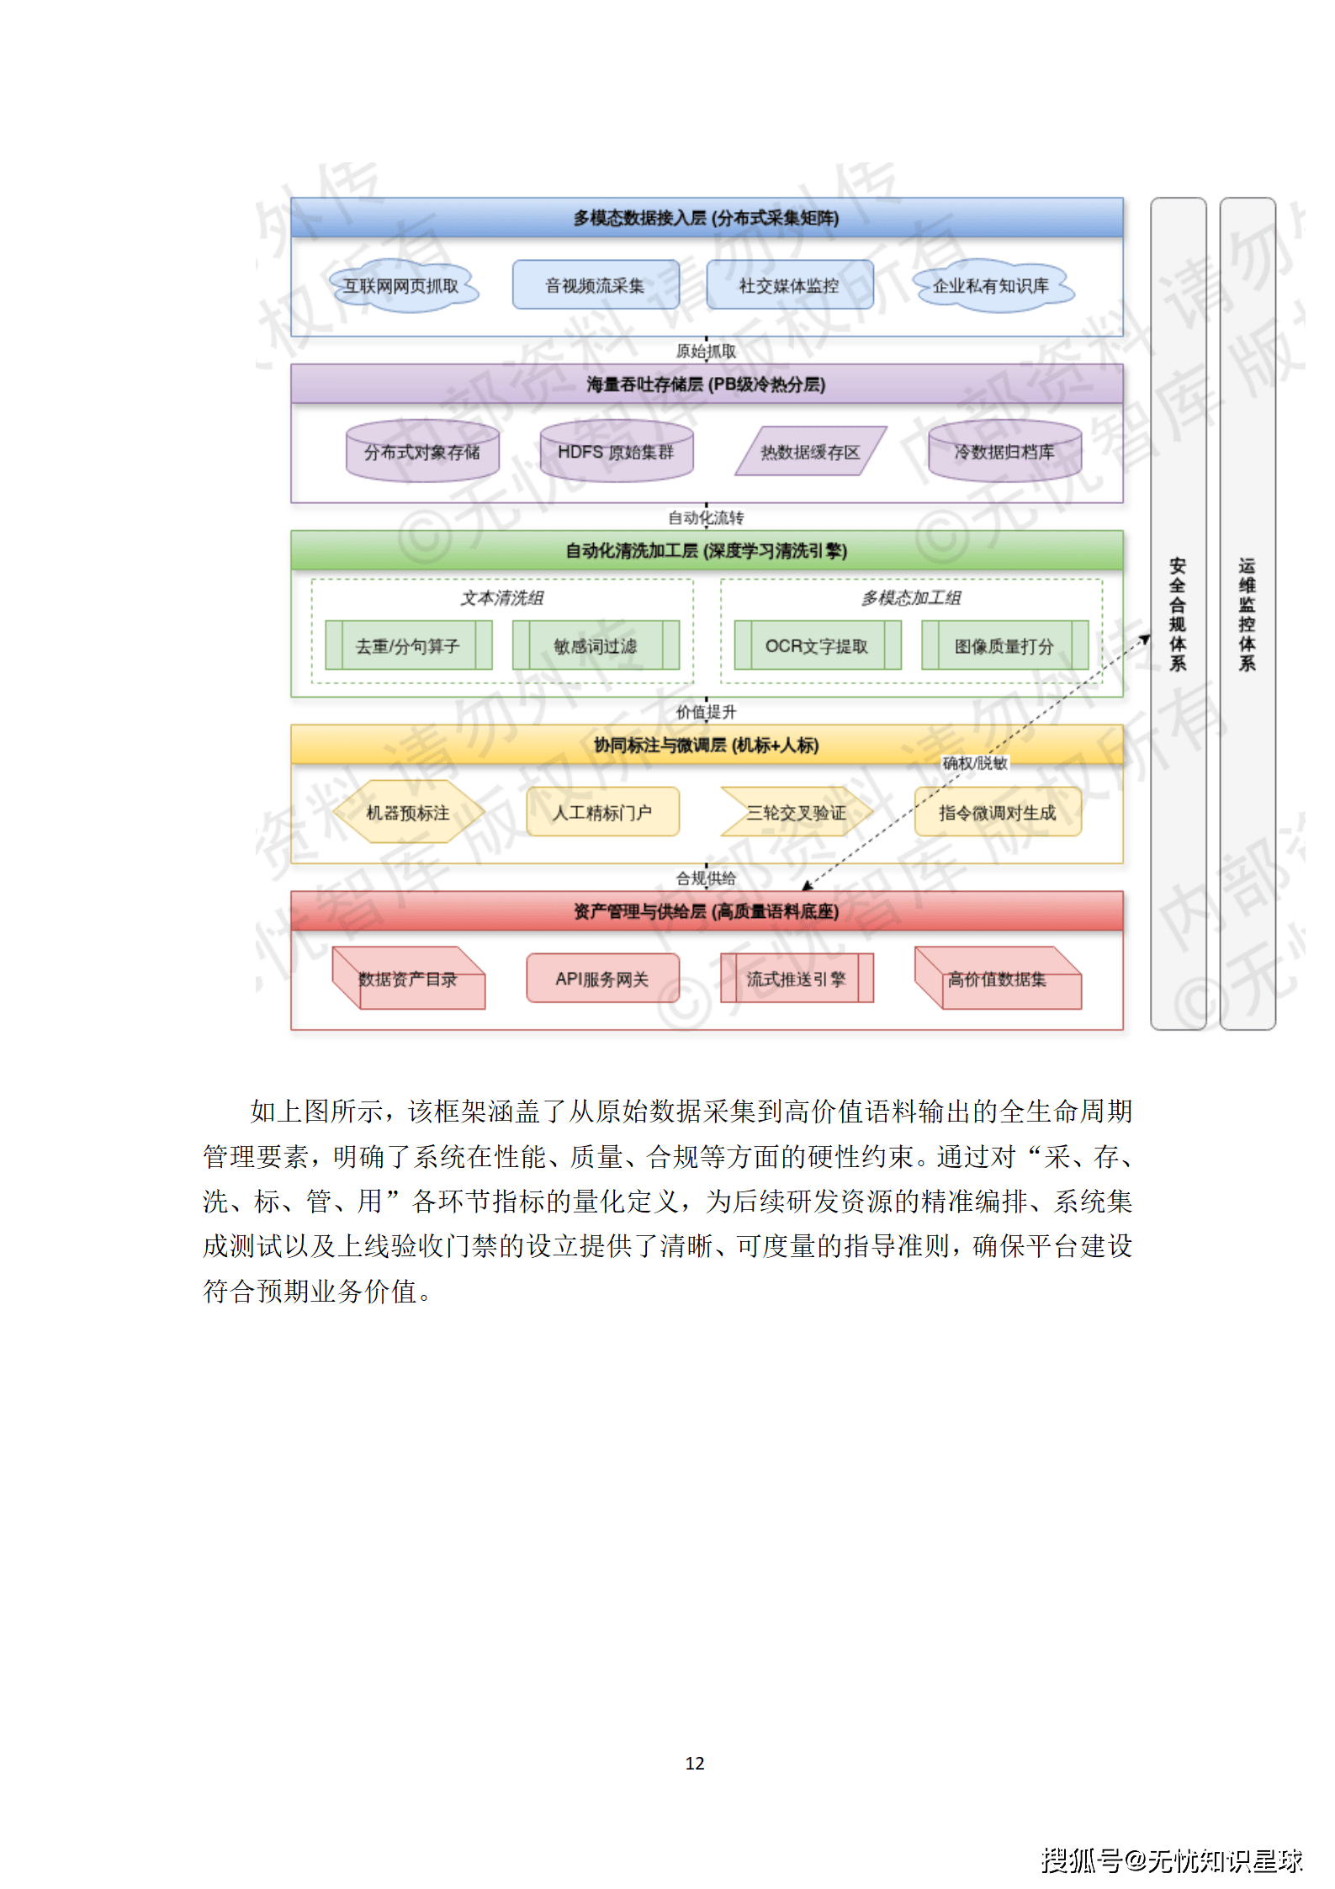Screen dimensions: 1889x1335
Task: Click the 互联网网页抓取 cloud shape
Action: [x=401, y=286]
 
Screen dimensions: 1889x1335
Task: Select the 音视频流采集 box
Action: [x=595, y=285]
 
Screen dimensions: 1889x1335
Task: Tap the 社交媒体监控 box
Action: [x=789, y=285]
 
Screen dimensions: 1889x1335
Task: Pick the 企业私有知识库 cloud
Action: [x=991, y=286]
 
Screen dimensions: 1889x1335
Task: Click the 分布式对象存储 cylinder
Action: [x=422, y=453]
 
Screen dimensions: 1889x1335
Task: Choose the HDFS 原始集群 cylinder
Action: [x=616, y=453]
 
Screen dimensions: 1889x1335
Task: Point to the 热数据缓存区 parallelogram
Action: [x=810, y=452]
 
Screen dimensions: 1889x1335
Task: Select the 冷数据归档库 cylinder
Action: [x=1004, y=453]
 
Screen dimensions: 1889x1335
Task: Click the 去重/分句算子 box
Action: [x=408, y=646]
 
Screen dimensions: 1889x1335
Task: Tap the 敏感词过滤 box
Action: [x=596, y=646]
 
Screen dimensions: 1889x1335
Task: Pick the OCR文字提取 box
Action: [x=817, y=646]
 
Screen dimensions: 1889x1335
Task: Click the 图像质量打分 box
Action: [x=1004, y=646]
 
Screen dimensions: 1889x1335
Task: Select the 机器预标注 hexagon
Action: [x=408, y=813]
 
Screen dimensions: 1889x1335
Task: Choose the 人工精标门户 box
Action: [x=602, y=813]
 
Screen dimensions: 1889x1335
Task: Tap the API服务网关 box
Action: [x=602, y=979]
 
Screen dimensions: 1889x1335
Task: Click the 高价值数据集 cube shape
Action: [x=998, y=979]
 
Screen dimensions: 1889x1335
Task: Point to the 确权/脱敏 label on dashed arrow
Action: [x=974, y=763]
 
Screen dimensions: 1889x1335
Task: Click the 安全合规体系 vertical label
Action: [x=1178, y=614]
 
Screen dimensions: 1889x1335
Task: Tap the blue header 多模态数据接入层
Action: [x=707, y=218]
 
